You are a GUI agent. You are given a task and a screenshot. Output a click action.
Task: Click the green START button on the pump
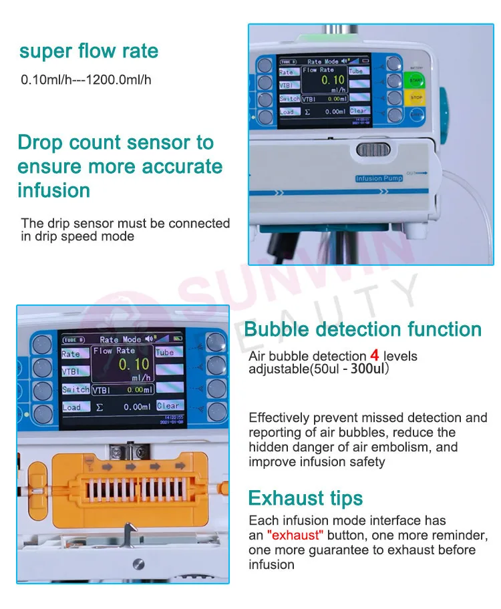pyautogui.click(x=415, y=80)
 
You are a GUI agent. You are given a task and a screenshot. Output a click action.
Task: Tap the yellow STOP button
pyautogui.click(x=416, y=97)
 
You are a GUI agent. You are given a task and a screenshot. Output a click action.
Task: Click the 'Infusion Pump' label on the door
pyautogui.click(x=379, y=178)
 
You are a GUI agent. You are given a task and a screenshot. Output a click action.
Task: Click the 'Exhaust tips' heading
pyautogui.click(x=305, y=498)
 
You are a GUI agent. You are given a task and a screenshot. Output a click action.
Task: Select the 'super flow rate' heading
pyautogui.click(x=89, y=51)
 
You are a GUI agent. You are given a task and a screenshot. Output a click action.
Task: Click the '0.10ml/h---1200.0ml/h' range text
pyautogui.click(x=86, y=80)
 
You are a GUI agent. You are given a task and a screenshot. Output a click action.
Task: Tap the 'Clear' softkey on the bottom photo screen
pyautogui.click(x=168, y=405)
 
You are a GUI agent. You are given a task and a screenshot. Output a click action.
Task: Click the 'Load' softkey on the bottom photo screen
pyautogui.click(x=72, y=407)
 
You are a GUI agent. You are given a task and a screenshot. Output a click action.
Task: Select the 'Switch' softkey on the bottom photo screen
pyautogui.click(x=75, y=389)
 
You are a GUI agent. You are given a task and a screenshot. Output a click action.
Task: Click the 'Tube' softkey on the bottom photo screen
pyautogui.click(x=165, y=352)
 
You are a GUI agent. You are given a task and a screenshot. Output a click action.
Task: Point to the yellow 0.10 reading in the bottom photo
pyautogui.click(x=134, y=365)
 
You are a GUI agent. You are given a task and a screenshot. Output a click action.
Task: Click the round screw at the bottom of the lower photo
pyautogui.click(x=139, y=564)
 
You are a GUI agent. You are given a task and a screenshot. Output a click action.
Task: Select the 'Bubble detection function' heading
pyautogui.click(x=363, y=329)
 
